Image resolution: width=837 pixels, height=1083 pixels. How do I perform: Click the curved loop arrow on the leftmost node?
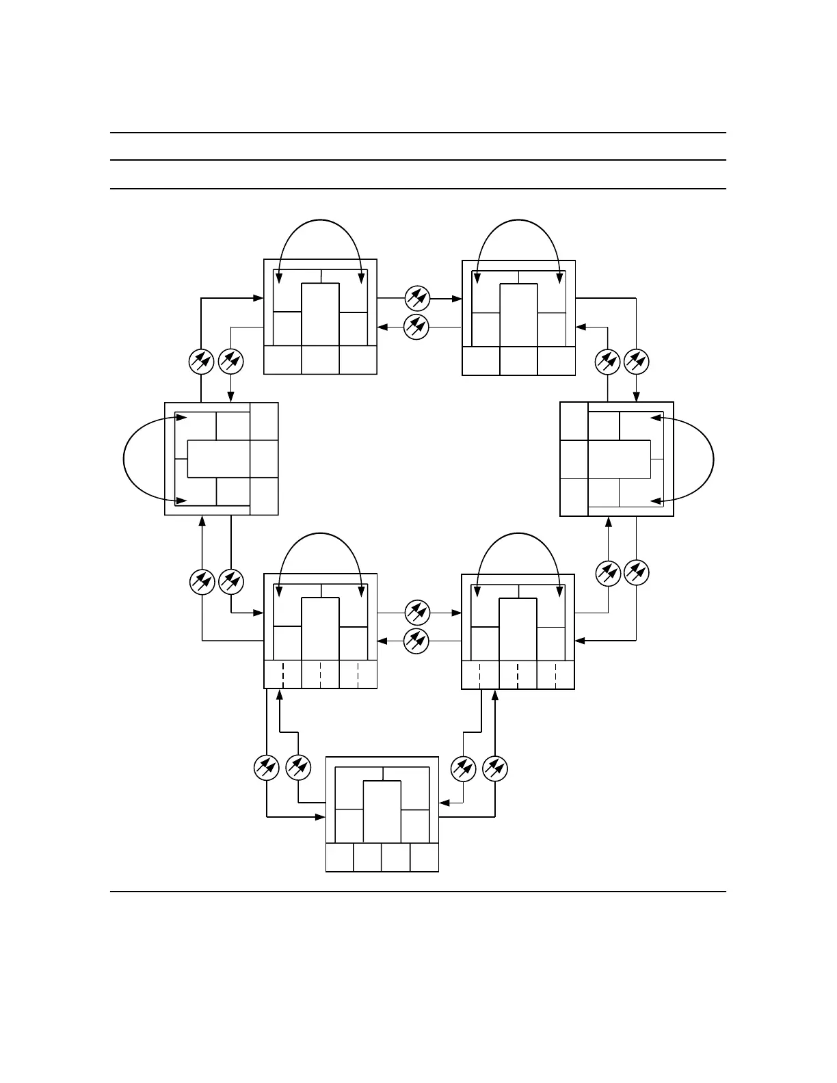coord(124,458)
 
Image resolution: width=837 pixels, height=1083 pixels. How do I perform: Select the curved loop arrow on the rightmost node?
coord(713,458)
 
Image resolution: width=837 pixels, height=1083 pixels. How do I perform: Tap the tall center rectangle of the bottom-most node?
coord(382,812)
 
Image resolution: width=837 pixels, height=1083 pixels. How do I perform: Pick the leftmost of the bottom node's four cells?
coord(340,857)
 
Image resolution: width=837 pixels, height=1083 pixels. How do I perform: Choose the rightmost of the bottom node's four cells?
coord(424,857)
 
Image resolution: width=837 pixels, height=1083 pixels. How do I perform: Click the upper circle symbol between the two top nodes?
coord(416,297)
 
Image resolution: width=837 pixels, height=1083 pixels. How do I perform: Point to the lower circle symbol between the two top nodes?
coord(416,327)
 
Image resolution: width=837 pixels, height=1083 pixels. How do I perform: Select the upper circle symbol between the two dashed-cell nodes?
coord(416,612)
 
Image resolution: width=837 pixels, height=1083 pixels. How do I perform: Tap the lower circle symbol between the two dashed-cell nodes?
coord(416,641)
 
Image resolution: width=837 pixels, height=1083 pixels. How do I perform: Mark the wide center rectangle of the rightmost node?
coord(619,459)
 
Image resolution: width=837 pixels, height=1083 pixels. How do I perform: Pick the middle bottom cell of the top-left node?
coord(320,360)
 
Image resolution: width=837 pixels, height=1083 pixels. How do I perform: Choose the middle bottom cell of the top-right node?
coord(518,360)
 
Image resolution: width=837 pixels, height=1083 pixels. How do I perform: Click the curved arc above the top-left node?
coord(319,221)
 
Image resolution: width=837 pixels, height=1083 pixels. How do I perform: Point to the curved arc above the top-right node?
coord(518,221)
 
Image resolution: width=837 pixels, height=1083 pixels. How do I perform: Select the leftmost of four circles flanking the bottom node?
coord(266,768)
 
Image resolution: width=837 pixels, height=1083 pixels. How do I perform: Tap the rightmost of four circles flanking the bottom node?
coord(494,768)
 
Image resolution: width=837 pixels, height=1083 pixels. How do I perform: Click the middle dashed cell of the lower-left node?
coord(320,675)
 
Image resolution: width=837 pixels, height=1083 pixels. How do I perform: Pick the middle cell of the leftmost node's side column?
coord(264,458)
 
